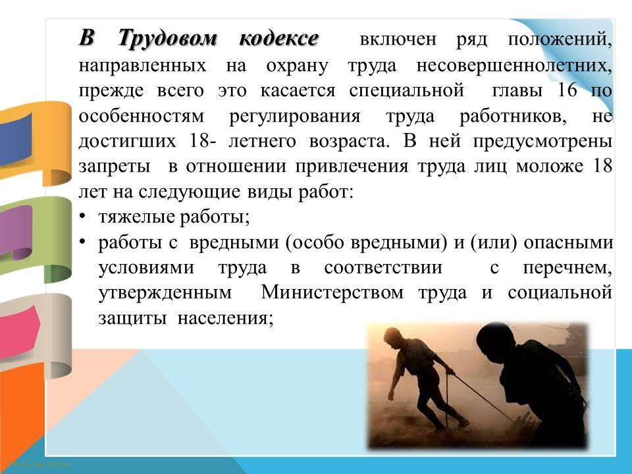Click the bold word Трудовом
[x=168, y=39]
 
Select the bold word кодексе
[x=278, y=39]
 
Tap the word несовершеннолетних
[x=514, y=65]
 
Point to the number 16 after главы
[x=567, y=90]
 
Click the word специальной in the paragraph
[x=406, y=91]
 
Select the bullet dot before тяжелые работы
[x=82, y=217]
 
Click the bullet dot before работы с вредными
[x=82, y=242]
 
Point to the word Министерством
[x=332, y=292]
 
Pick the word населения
[x=225, y=319]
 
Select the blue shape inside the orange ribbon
[x=15, y=140]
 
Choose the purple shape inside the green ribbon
[x=16, y=232]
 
